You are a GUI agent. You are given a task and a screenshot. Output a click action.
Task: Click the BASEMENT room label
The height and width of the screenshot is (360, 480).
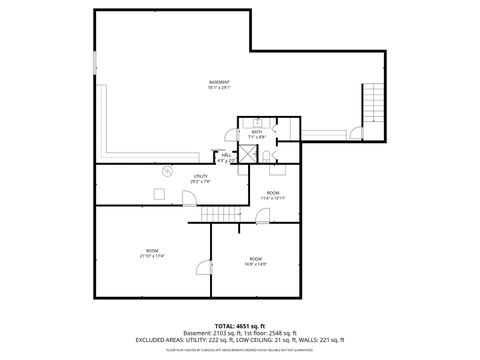click(219, 84)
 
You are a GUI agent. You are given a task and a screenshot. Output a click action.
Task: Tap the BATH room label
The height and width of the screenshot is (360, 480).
click(257, 134)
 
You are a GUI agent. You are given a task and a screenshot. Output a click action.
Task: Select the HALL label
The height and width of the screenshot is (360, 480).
click(227, 156)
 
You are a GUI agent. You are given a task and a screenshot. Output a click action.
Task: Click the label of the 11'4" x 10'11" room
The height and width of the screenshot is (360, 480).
click(273, 194)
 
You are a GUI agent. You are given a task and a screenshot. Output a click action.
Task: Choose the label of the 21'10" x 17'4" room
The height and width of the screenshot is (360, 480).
click(152, 252)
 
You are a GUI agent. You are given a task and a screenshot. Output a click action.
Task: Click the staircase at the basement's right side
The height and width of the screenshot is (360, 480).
click(373, 104)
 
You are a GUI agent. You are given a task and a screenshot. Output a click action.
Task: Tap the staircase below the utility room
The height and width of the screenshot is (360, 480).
click(221, 216)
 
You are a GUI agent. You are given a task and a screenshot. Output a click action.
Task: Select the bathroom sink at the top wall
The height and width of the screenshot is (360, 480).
click(257, 122)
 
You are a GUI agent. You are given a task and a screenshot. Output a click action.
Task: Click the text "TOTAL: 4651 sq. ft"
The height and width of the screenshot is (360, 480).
click(240, 325)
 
